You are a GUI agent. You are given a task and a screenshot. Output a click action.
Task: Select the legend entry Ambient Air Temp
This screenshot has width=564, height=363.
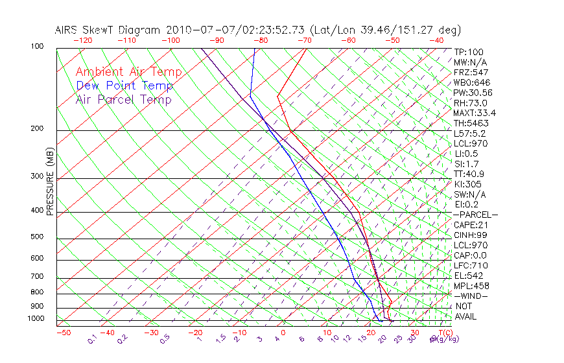tap(128, 72)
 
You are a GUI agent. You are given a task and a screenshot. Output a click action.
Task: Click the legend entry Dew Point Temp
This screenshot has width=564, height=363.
tap(124, 86)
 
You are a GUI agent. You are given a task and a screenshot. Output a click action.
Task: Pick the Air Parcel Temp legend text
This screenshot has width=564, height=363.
tap(123, 99)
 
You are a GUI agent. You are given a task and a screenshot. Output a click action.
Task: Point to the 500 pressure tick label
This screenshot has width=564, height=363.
tap(36, 237)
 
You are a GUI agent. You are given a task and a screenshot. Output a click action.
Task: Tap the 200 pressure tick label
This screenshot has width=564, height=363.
tap(36, 129)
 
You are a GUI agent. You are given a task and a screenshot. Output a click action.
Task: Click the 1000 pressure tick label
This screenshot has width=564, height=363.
tap(35, 319)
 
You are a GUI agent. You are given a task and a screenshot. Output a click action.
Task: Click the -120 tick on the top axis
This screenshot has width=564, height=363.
tap(82, 40)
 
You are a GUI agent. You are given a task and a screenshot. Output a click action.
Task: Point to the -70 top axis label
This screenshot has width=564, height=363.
tap(303, 40)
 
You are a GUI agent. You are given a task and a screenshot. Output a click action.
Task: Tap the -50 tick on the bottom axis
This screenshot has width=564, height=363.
tap(63, 333)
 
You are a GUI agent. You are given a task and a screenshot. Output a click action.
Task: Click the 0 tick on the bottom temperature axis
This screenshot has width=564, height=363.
tap(283, 333)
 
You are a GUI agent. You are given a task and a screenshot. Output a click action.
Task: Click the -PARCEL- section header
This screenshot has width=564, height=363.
tap(475, 215)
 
